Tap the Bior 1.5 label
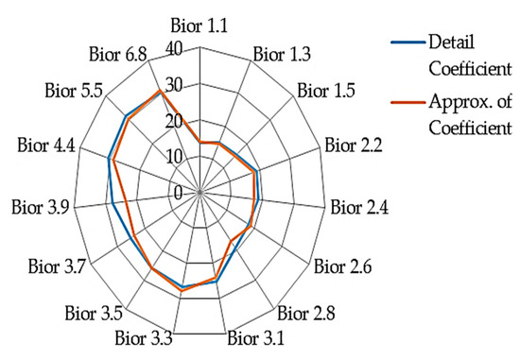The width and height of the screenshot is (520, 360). click(326, 92)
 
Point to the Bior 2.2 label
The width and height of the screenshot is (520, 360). click(353, 146)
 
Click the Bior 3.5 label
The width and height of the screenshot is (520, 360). click(92, 311)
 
